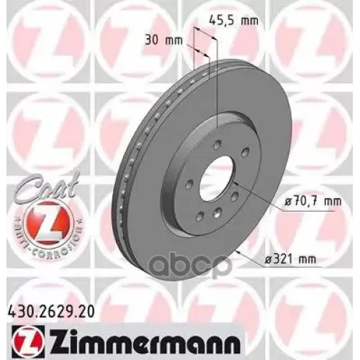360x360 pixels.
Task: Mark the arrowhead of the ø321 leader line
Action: pos(238,251)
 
